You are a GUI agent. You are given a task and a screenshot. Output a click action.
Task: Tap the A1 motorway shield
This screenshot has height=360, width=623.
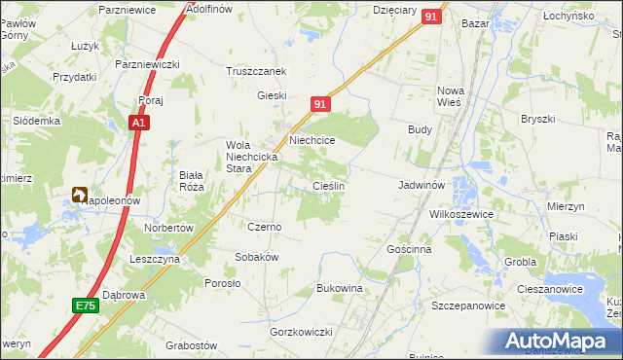pos(139,124)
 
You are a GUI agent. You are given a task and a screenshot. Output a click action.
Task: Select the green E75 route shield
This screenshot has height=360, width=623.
pos(86,306)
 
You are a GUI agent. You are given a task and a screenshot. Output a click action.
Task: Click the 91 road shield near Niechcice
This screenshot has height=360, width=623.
pos(322,104)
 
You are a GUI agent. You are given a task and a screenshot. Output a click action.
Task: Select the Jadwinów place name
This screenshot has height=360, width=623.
pos(421,184)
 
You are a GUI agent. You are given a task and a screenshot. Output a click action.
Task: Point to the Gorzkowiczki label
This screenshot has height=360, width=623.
pos(302,332)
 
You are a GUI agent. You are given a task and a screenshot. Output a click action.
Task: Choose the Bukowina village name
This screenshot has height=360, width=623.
pos(340,289)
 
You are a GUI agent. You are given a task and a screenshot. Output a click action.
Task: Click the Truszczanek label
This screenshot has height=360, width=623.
pos(255,71)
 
